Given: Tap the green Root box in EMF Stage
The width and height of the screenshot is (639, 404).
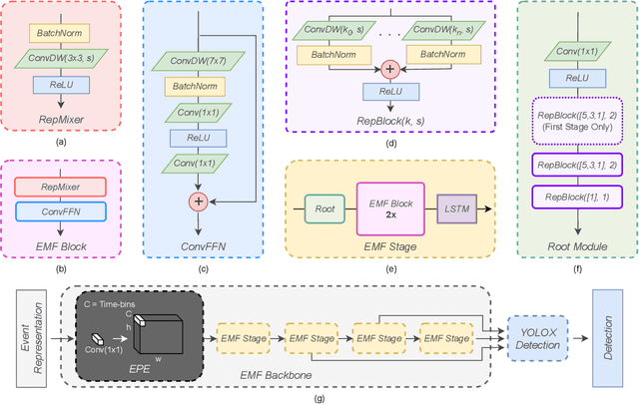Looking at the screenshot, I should click(322, 209).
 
